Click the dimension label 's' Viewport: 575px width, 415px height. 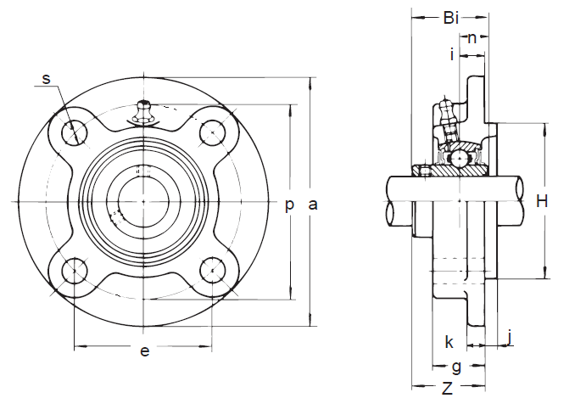click(47, 79)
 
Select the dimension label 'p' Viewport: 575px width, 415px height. click(289, 204)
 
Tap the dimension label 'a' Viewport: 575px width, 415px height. click(313, 204)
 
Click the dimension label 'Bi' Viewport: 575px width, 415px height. click(450, 17)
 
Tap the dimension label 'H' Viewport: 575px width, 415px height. click(542, 201)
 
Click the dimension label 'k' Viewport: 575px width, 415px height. click(449, 343)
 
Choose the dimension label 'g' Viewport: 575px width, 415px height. click(455, 367)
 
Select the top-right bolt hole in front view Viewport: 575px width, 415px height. click(211, 132)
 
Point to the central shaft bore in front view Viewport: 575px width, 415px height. click(143, 201)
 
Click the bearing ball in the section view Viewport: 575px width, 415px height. click(458, 158)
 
